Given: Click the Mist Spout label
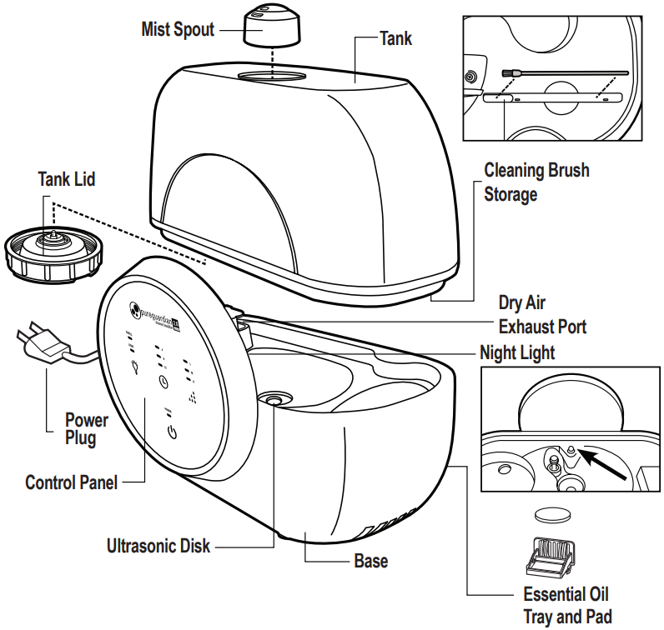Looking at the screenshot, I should tap(178, 30).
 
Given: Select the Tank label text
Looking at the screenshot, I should tap(395, 38).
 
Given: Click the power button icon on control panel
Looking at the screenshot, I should tap(172, 432).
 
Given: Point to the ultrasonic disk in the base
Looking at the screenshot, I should tap(273, 400).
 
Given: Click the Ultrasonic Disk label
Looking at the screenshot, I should tap(158, 547).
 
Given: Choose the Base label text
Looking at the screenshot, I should tap(370, 561).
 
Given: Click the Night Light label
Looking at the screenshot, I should tap(516, 352).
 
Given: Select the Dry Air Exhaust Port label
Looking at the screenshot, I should tap(541, 314).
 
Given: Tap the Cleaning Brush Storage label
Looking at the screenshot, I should tap(536, 182).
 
